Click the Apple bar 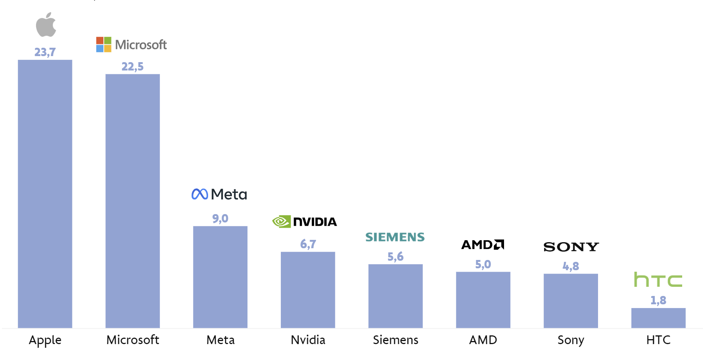click(45, 193)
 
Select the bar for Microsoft click(132, 201)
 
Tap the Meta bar click(220, 277)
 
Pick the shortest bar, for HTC click(658, 318)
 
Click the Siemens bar click(395, 296)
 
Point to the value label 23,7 click(45, 52)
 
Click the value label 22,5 click(132, 67)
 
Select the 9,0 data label click(220, 219)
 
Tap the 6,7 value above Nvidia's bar click(308, 244)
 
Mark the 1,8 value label click(658, 301)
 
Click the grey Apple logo click(46, 25)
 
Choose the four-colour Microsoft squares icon click(103, 44)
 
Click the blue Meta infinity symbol click(200, 194)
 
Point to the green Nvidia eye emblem click(281, 221)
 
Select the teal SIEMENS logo click(395, 237)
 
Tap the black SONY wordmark click(571, 247)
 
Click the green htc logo click(658, 280)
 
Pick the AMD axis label click(483, 340)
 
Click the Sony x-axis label click(571, 340)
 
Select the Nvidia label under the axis click(308, 340)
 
